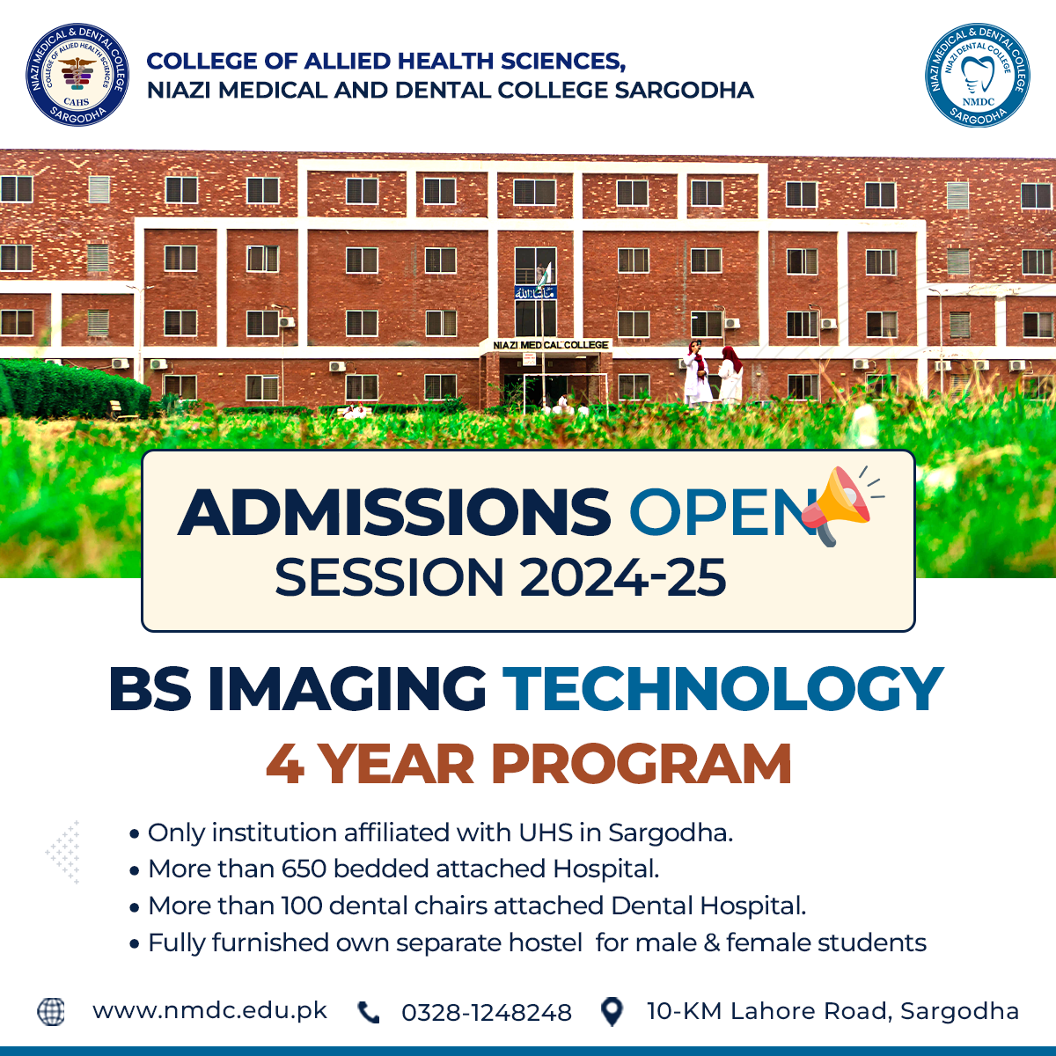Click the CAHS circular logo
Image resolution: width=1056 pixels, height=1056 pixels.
pyautogui.click(x=77, y=75)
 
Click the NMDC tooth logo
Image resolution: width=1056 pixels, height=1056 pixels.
pyautogui.click(x=978, y=75)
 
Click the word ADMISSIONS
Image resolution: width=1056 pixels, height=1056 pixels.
pyautogui.click(x=393, y=512)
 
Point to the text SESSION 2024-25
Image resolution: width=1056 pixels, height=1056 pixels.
pyautogui.click(x=501, y=577)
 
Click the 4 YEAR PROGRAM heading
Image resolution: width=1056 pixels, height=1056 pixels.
pyautogui.click(x=528, y=764)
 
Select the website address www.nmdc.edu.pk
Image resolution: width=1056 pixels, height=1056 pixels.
pyautogui.click(x=210, y=1010)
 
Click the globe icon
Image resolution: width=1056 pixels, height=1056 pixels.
pyautogui.click(x=51, y=1011)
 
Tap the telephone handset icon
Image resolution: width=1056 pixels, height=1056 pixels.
pyautogui.click(x=368, y=1012)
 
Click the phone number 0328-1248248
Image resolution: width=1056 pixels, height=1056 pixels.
pyautogui.click(x=487, y=1012)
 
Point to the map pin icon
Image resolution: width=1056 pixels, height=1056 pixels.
pyautogui.click(x=612, y=1011)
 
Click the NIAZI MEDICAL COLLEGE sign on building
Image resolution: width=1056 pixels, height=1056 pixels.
pyautogui.click(x=550, y=345)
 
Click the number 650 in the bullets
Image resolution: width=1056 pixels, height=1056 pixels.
pyautogui.click(x=304, y=869)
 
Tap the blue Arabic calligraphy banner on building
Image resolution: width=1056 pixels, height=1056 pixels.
pyautogui.click(x=535, y=293)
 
